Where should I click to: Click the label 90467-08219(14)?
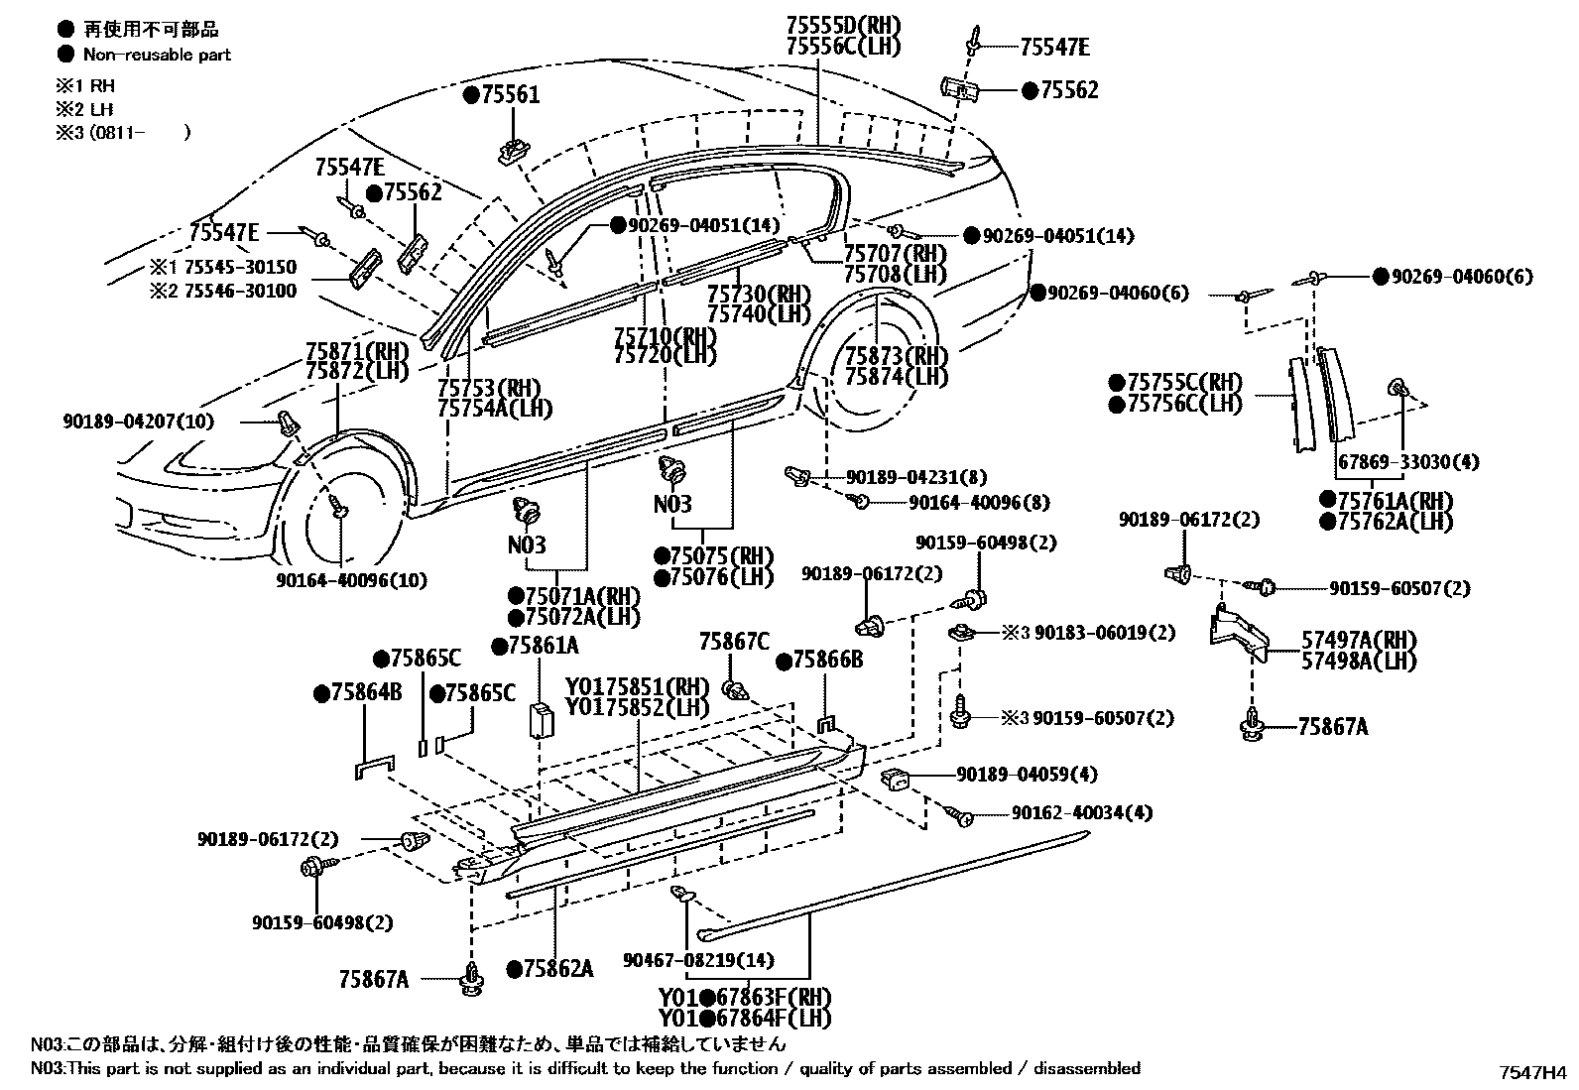[699, 960]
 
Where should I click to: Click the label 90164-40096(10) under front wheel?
[351, 580]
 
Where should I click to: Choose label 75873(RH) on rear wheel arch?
[896, 356]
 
